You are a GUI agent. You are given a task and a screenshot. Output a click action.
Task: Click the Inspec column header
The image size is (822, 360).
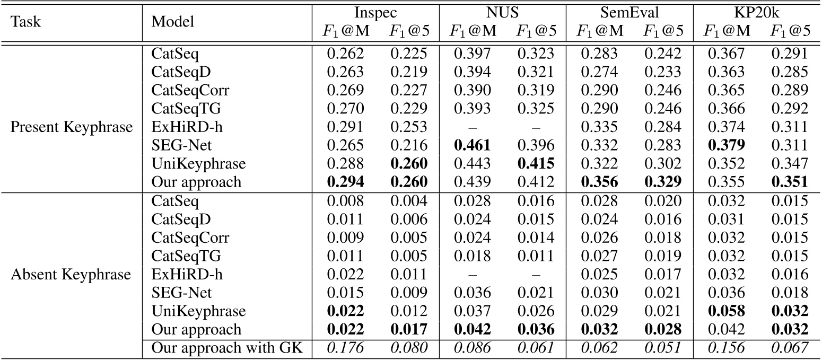(375, 12)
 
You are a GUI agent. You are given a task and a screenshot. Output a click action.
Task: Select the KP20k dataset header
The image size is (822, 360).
(757, 12)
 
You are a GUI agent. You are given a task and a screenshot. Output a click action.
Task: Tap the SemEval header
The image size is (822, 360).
(629, 12)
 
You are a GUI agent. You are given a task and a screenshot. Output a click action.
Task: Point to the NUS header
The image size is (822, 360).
(503, 12)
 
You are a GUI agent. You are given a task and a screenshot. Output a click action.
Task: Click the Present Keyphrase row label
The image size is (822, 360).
(72, 127)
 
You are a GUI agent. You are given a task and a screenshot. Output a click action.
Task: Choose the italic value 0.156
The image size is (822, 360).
(727, 348)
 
